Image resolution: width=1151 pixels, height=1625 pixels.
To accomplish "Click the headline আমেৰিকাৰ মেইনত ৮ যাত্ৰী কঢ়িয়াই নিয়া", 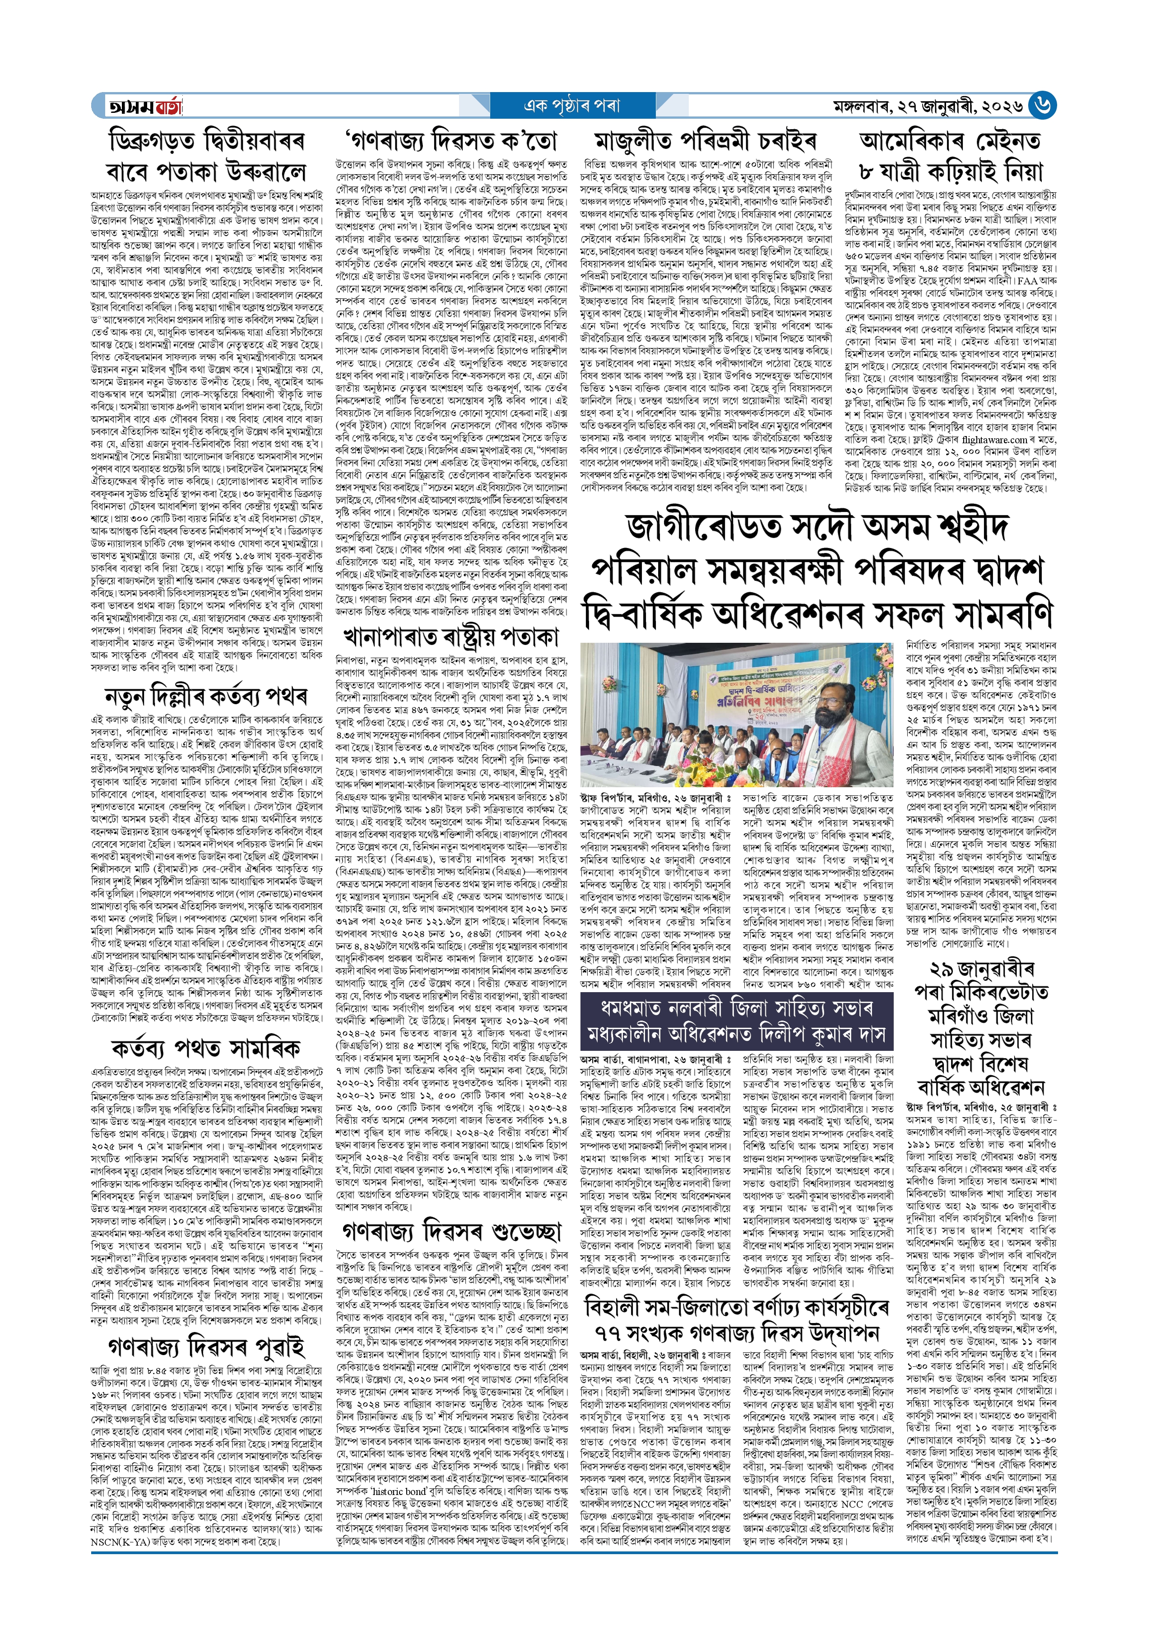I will [950, 156].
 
